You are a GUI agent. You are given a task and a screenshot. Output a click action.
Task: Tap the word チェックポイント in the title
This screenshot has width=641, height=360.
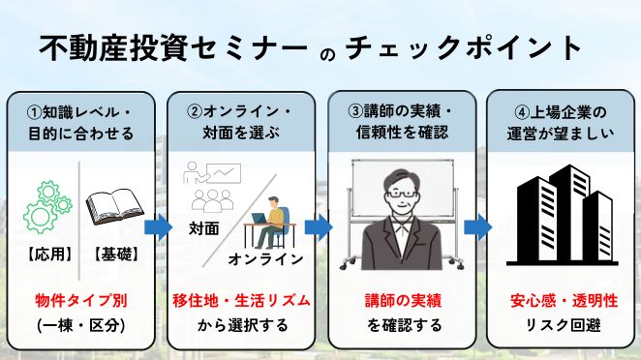tap(464, 48)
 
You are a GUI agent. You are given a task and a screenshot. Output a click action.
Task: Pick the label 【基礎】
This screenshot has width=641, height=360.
tap(115, 255)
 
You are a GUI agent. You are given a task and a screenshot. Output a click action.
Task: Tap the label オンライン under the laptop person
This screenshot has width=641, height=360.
tap(266, 259)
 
